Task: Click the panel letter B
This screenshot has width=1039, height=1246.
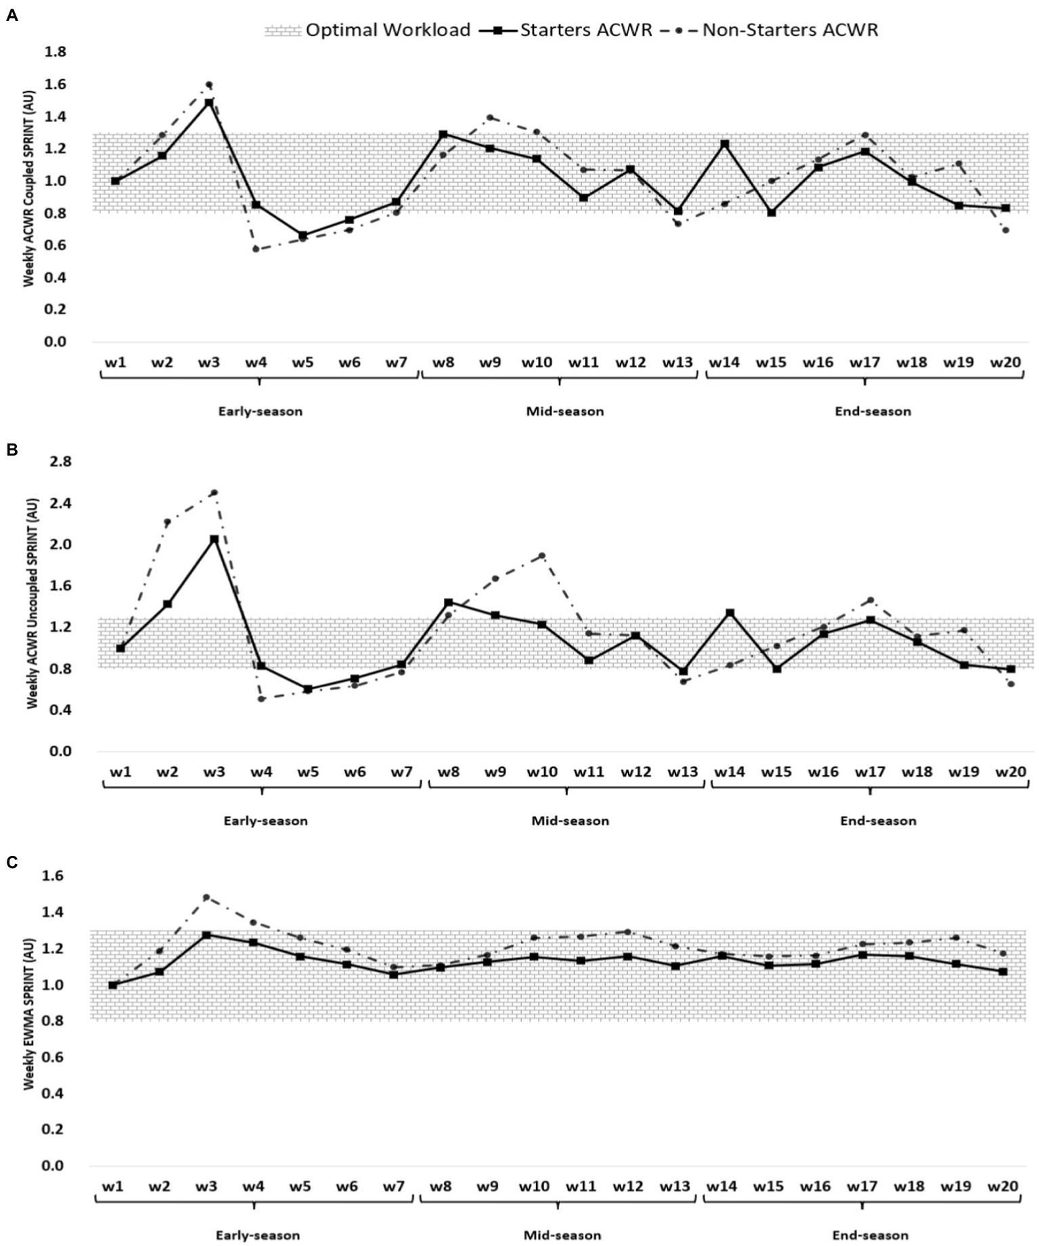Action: click(x=11, y=450)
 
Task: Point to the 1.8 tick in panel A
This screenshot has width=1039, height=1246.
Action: click(x=55, y=52)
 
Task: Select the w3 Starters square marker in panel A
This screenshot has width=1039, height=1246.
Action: click(x=209, y=103)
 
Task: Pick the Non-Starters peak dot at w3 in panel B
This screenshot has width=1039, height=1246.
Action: click(x=214, y=493)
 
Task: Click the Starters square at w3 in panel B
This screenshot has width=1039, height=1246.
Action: click(x=214, y=539)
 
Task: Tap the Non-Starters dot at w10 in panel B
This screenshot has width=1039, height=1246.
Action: click(x=541, y=556)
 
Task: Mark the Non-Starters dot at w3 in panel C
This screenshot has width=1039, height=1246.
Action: click(x=206, y=898)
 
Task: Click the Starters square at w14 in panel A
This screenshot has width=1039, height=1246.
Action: click(x=724, y=144)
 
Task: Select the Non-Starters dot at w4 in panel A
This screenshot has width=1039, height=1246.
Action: click(x=256, y=249)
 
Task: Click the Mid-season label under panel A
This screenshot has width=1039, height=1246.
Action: click(x=565, y=411)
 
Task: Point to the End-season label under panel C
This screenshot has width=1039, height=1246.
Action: click(x=870, y=1235)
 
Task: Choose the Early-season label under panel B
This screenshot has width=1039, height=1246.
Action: click(x=265, y=821)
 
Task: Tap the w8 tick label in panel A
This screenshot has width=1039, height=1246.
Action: click(x=443, y=362)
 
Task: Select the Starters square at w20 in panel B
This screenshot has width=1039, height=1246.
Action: click(x=1011, y=669)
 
